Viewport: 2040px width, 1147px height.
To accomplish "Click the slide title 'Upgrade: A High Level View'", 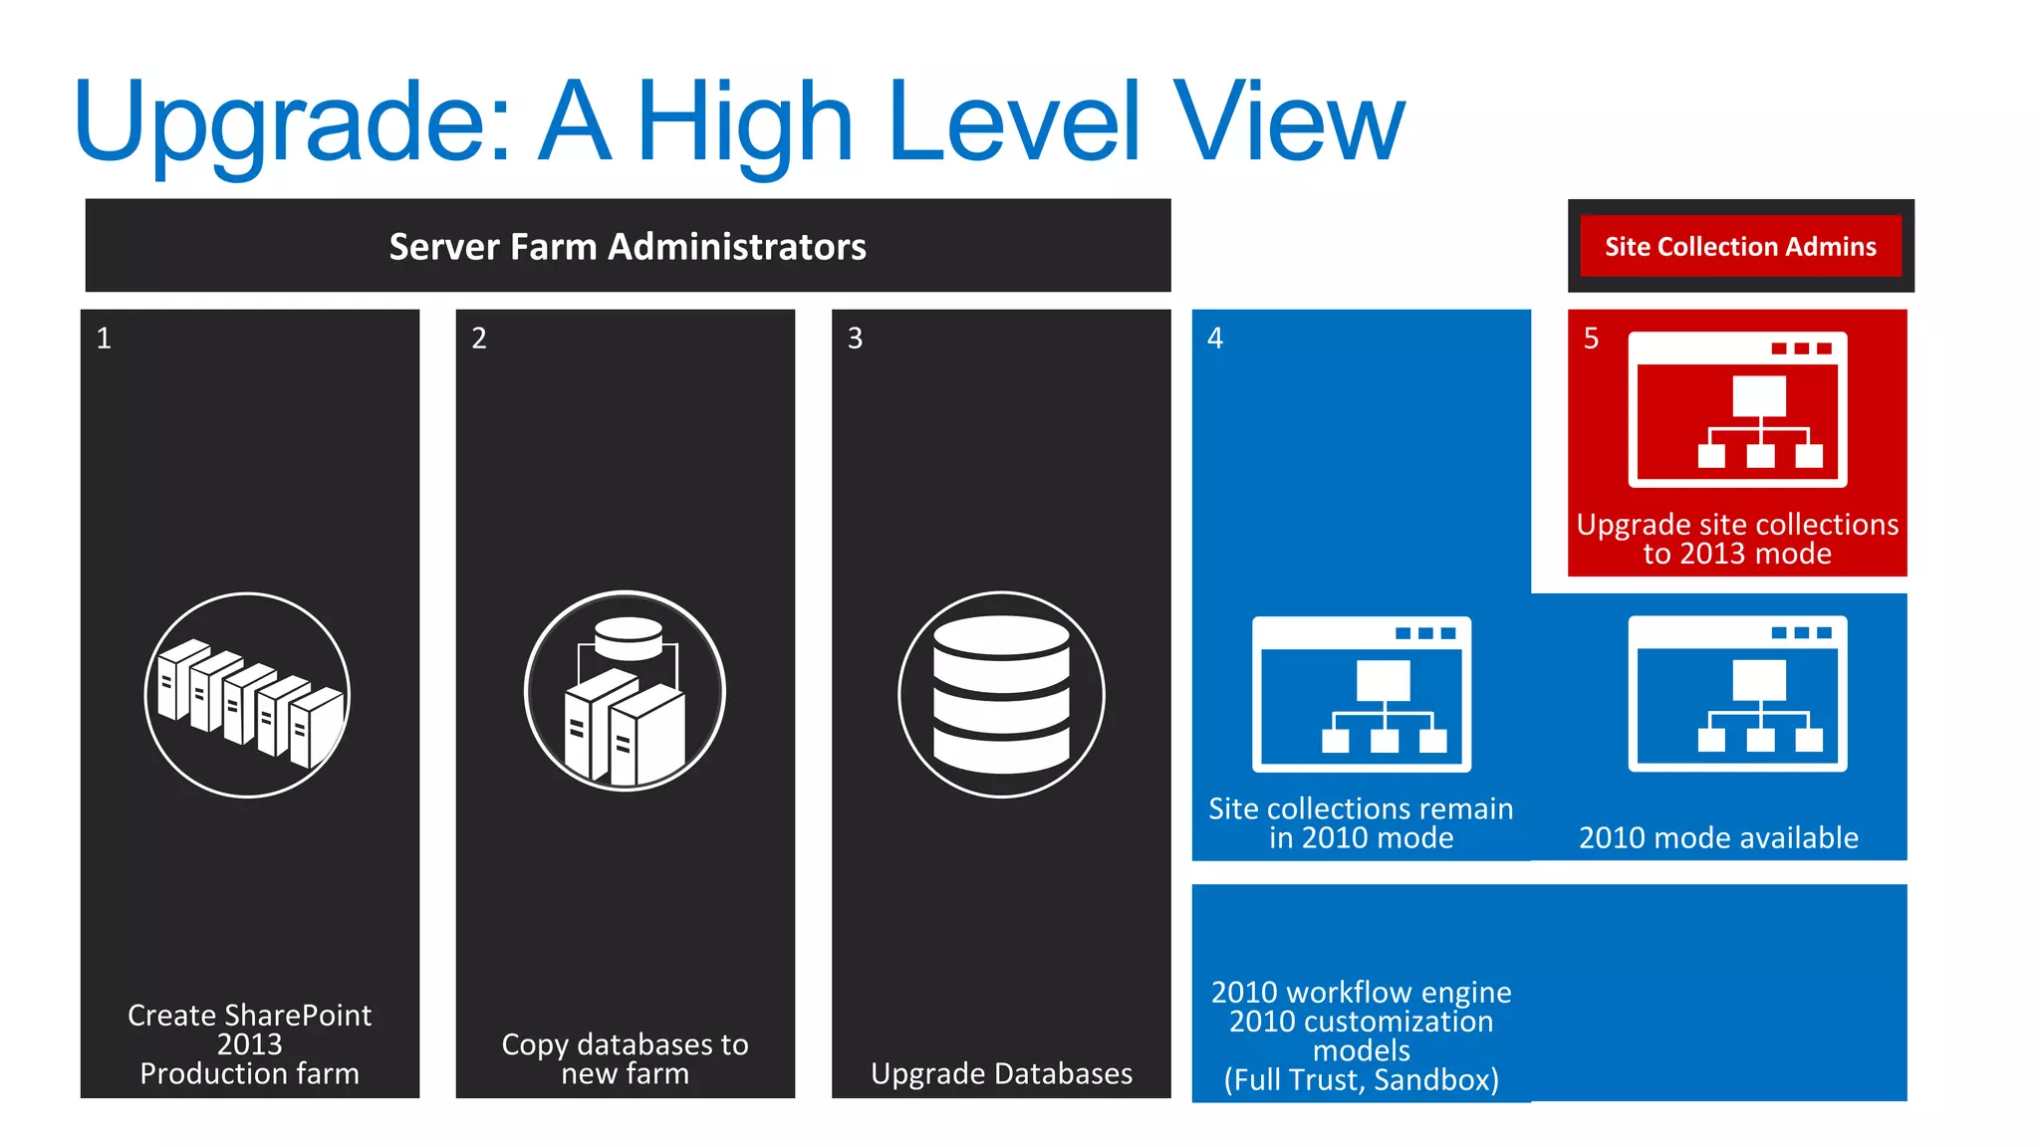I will [x=739, y=121].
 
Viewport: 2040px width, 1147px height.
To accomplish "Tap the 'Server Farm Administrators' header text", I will [x=628, y=246].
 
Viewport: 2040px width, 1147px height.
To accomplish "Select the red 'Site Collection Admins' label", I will [x=1740, y=246].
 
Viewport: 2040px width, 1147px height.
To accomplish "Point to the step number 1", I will [x=104, y=339].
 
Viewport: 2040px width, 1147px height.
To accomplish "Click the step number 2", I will [x=479, y=339].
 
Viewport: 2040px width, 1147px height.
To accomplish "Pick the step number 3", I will [x=855, y=339].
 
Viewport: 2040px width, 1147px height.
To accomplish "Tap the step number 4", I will [x=1214, y=339].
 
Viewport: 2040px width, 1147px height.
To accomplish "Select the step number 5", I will [x=1591, y=339].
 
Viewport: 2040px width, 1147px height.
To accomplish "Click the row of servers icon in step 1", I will [x=248, y=695].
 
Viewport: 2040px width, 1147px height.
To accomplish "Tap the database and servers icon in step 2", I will [x=625, y=692].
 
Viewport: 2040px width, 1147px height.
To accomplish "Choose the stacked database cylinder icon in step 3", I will [x=1001, y=695].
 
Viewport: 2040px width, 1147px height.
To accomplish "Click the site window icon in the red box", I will [x=1737, y=409].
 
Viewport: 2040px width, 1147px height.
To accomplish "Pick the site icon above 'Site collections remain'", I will [x=1361, y=694].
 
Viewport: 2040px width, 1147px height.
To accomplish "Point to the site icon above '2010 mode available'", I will [x=1737, y=693].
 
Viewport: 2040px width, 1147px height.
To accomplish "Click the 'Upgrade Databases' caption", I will [x=1001, y=1073].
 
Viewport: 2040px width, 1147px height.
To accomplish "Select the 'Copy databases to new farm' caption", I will [x=625, y=1058].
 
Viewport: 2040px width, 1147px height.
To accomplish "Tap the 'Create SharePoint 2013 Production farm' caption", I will [x=249, y=1043].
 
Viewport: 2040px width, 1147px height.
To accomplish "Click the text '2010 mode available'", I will [x=1718, y=837].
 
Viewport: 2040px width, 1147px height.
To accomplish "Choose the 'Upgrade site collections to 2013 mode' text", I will [x=1737, y=539].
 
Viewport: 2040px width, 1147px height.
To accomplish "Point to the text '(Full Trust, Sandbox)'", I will [x=1361, y=1079].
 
